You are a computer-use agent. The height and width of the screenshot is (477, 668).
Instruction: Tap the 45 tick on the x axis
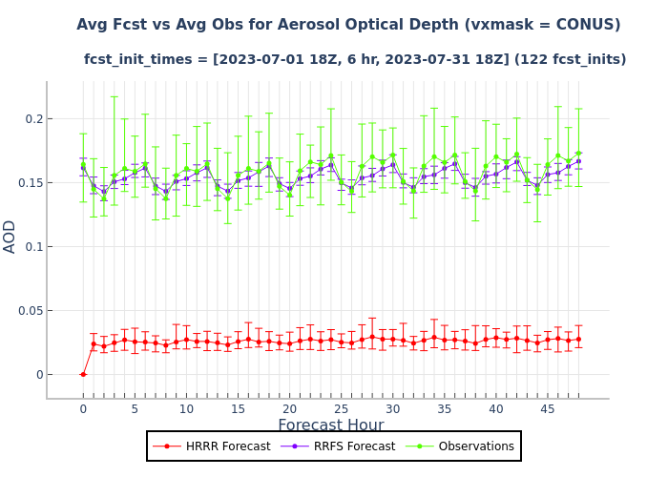(548, 408)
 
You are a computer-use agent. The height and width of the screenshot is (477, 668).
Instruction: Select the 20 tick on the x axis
(289, 408)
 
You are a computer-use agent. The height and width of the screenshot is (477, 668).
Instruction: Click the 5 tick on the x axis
(135, 408)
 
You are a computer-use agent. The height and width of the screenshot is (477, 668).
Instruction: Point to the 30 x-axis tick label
(393, 408)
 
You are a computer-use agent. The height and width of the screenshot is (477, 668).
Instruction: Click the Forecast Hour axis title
(331, 425)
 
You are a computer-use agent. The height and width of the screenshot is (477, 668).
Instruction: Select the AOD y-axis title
(10, 236)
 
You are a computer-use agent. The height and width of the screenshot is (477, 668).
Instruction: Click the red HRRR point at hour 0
(83, 374)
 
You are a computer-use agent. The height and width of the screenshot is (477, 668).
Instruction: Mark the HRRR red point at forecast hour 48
(578, 339)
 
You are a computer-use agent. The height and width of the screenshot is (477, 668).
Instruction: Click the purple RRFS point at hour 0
(83, 168)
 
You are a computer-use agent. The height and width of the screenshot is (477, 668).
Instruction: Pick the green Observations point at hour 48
(578, 154)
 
